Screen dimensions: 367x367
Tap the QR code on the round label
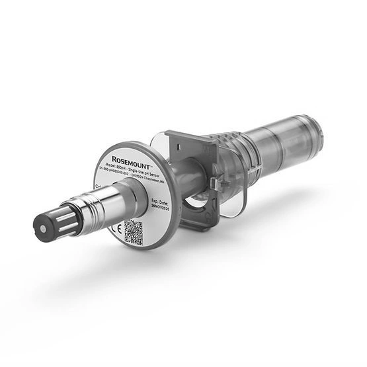134,232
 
